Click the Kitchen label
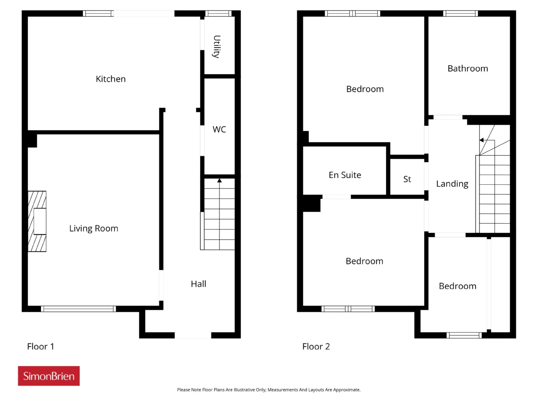coord(111,79)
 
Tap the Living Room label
coord(94,228)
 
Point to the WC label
coord(219,129)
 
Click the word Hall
coord(198,284)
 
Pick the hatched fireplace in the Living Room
coord(37,221)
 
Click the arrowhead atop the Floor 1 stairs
coord(219,181)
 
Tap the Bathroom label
coord(467,68)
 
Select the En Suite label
coord(345,175)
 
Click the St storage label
coord(407,179)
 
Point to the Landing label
coord(452,184)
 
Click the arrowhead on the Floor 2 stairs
coord(482,140)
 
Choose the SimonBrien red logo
coord(49,376)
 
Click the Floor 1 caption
coord(41,346)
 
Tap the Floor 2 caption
coord(316,346)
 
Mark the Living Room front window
coord(78,309)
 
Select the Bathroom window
coord(460,13)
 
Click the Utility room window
coord(218,13)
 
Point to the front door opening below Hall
coord(193,335)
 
